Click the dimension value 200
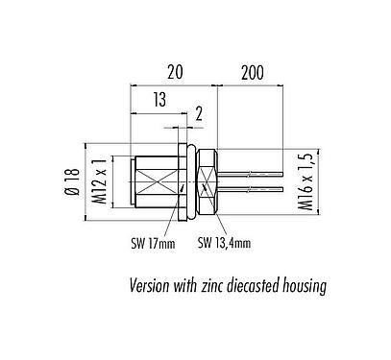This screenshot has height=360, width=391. point(253,71)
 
